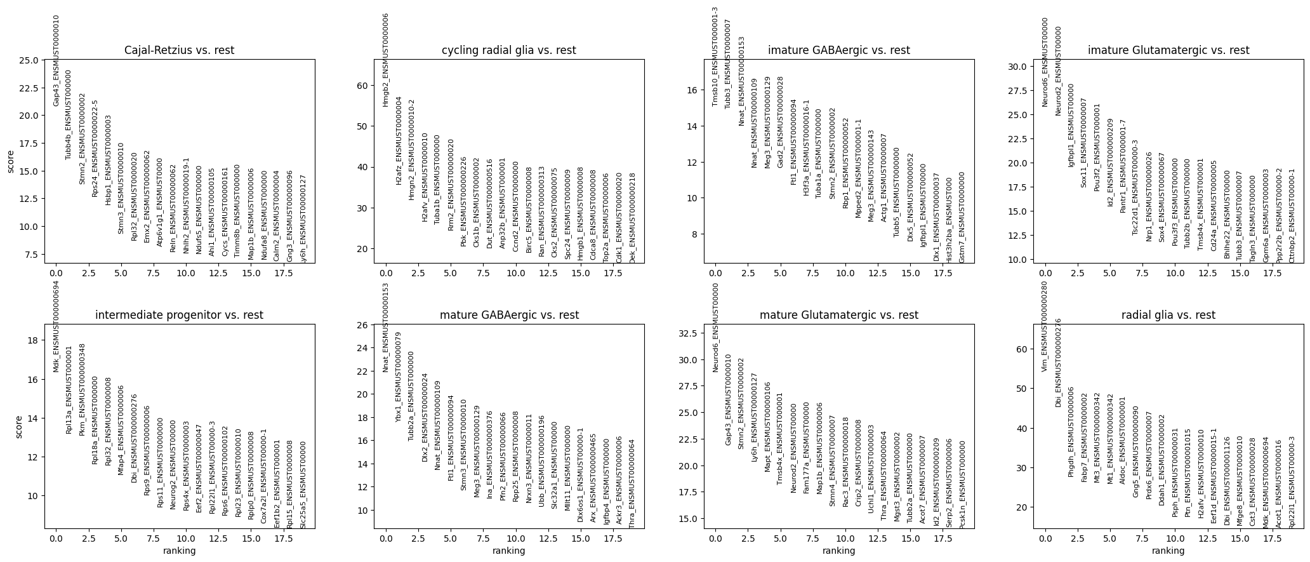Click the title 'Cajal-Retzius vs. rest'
point(179,50)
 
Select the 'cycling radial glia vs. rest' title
point(508,50)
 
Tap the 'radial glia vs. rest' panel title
point(1168,315)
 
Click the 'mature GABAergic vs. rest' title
point(508,315)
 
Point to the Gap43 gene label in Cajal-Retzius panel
point(56,60)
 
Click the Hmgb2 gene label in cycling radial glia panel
point(385,60)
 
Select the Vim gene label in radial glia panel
point(1045,326)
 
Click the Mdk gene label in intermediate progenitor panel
point(56,326)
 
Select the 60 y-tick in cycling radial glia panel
point(364,86)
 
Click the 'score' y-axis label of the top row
point(11,161)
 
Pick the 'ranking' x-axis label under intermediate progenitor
point(179,551)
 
